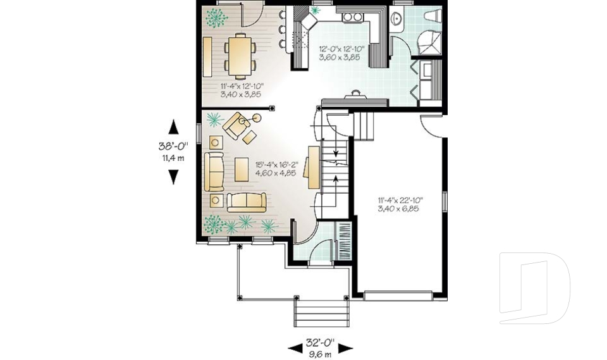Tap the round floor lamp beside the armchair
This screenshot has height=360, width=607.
pyautogui.click(x=257, y=118)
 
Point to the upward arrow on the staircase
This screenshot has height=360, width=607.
pyautogui.click(x=334, y=183)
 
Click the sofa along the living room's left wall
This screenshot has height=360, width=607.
pyautogui.click(x=213, y=171)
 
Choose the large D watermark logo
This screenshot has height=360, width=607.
pyautogui.click(x=534, y=288)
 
